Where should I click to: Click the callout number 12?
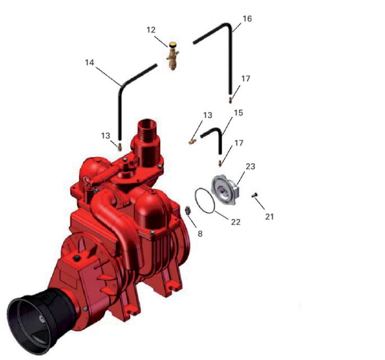click(151, 30)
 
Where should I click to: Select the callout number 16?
click(247, 19)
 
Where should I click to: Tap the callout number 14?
click(90, 63)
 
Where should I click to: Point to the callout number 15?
click(238, 113)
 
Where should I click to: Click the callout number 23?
click(250, 166)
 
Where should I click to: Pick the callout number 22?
click(236, 222)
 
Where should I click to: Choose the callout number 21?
click(269, 217)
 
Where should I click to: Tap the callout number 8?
click(200, 234)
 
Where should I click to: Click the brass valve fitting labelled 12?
click(173, 56)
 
